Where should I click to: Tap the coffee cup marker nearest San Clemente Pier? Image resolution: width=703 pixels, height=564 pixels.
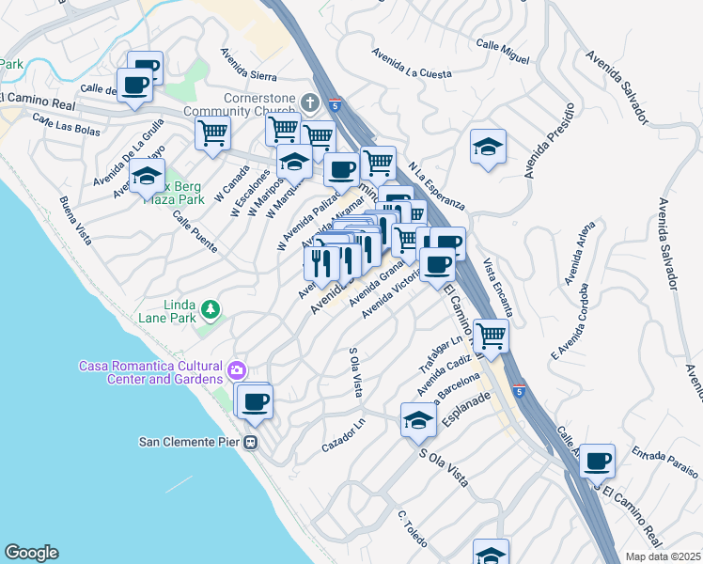(255, 402)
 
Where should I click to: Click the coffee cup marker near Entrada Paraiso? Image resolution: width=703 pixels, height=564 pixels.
(597, 461)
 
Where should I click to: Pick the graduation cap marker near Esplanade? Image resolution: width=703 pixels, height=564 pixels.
(418, 419)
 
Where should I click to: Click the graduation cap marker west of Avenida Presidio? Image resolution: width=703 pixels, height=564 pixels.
(488, 147)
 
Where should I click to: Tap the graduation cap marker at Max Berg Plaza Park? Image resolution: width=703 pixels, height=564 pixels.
(147, 176)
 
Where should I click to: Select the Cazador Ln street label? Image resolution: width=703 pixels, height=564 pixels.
(342, 433)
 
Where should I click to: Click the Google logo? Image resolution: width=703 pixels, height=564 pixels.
(31, 553)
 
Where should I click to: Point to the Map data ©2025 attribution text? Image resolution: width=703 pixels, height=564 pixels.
(663, 556)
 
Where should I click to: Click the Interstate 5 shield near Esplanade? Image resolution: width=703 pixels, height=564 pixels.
(519, 389)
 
